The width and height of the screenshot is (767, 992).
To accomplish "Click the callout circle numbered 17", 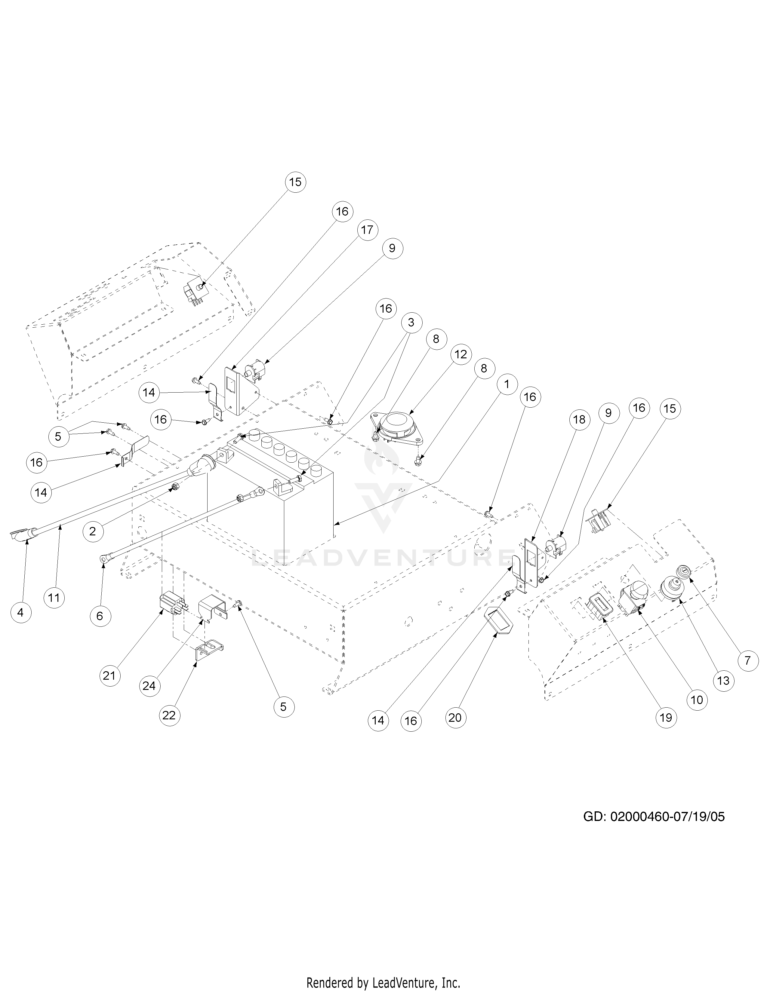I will pos(367,230).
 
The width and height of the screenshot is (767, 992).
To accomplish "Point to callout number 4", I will pos(20,613).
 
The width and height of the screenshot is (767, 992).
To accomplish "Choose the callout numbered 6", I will pos(100,616).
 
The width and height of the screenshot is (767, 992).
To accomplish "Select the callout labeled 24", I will pos(149,686).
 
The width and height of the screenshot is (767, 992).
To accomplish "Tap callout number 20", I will pos(455,717).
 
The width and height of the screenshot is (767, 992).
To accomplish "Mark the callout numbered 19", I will pos(666,718).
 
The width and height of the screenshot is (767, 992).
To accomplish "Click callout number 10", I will pos(697,700).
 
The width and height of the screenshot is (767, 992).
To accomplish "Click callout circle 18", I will pos(579,420).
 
